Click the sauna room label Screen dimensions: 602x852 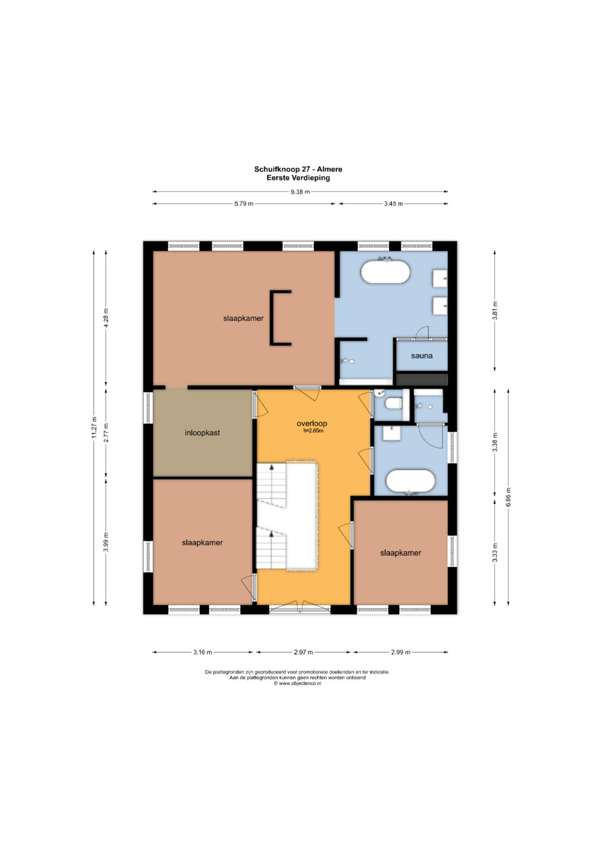tap(421, 355)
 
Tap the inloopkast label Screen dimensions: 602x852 tap(202, 432)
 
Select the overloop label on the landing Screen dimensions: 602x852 tap(312, 423)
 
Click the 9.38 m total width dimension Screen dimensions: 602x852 tap(300, 192)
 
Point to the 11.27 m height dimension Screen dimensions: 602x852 tap(94, 427)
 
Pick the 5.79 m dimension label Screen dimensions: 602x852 tap(244, 204)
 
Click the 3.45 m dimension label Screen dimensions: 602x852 tap(393, 204)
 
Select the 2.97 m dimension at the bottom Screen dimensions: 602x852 tap(303, 652)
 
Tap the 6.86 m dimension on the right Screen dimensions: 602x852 tap(508, 497)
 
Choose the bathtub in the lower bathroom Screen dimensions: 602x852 tap(410, 481)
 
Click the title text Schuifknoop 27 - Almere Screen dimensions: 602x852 tap(298, 169)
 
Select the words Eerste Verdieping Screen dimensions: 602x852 tap(298, 177)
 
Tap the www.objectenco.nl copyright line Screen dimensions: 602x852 tap(298, 683)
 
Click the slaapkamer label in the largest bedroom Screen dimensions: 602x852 tap(243, 319)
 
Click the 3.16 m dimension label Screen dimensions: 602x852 tap(202, 652)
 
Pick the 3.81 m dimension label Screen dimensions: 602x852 tap(494, 310)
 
